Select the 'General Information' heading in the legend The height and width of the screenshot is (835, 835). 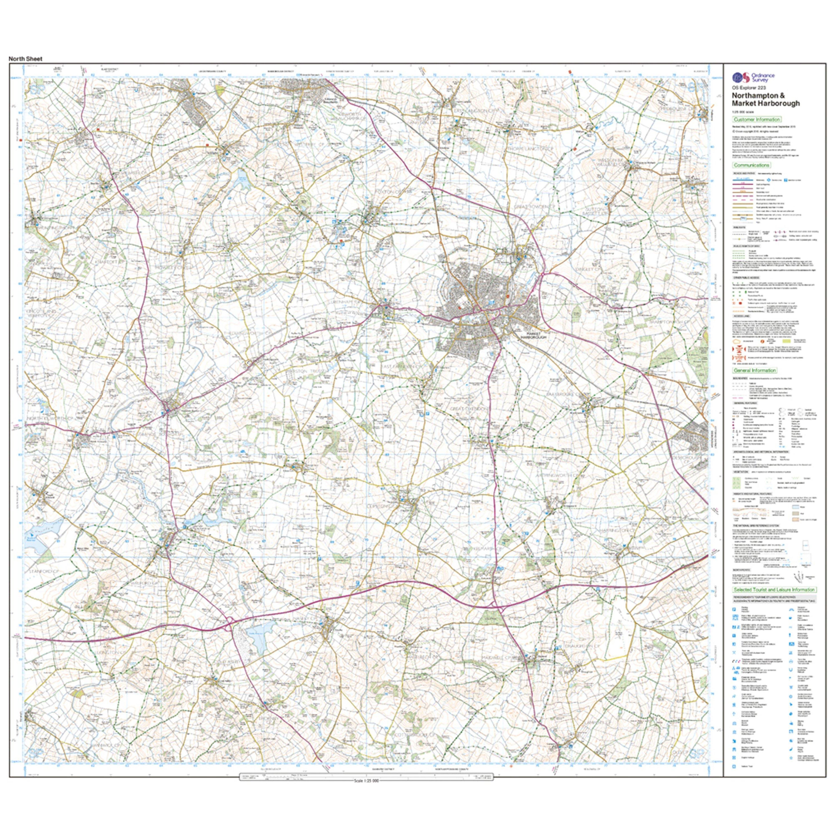[x=755, y=370]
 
